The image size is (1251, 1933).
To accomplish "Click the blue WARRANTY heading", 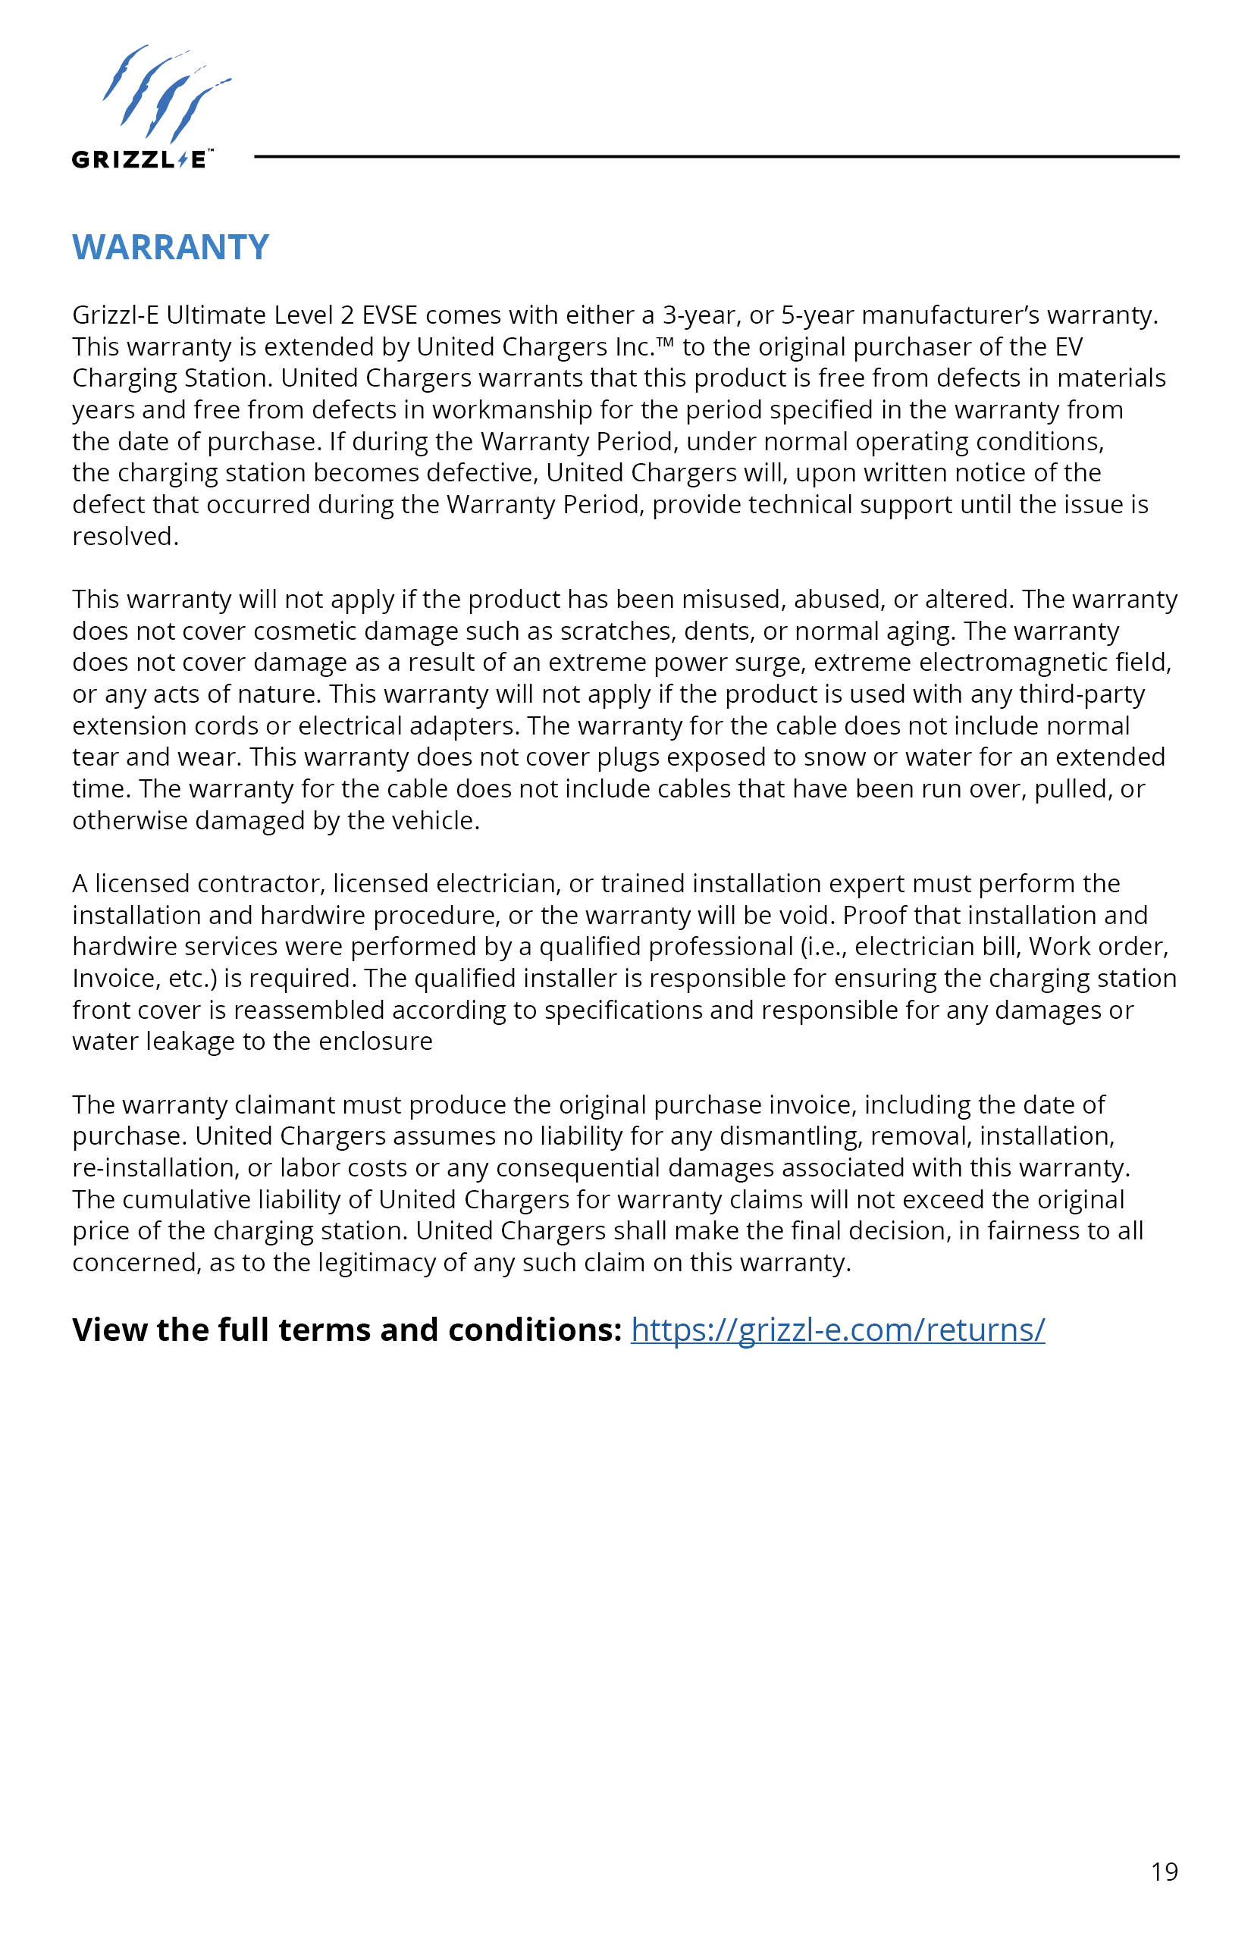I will click(171, 247).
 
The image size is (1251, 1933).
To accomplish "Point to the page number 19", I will click(1164, 1872).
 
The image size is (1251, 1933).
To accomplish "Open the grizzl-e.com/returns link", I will click(838, 1330).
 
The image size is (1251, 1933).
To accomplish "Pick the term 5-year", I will click(817, 315).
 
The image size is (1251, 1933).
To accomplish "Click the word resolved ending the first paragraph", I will click(124, 537).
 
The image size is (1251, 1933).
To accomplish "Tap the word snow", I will click(834, 757).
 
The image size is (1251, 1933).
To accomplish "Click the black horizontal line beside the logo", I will click(716, 157).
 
